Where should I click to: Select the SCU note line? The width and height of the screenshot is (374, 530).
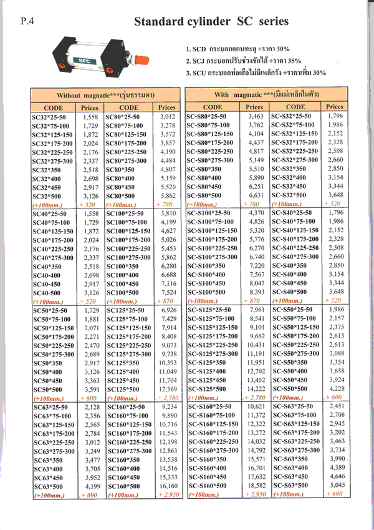pos(256,72)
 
